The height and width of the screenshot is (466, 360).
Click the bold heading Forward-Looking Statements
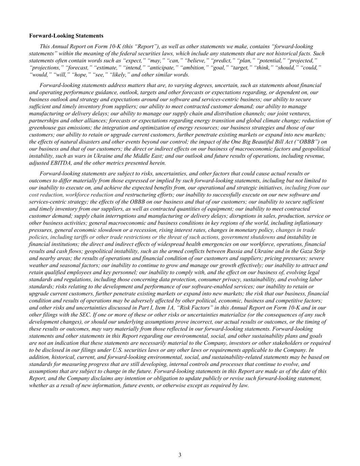66,36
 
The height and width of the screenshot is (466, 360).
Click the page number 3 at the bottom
180,455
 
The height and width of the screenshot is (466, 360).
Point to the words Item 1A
175,308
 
